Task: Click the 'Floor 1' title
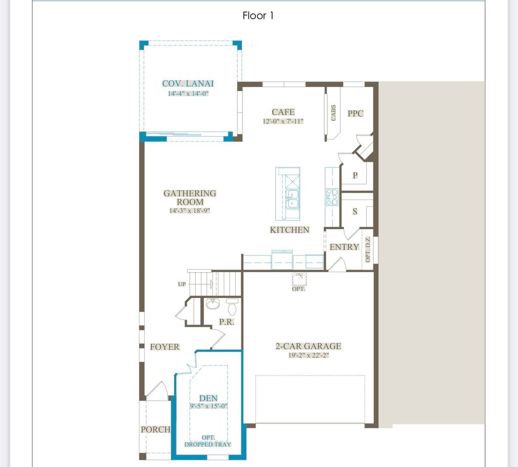(258, 16)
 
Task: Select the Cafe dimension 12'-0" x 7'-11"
(283, 121)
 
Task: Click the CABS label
(333, 113)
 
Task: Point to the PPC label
(355, 114)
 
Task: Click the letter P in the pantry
(355, 176)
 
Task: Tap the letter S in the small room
(355, 211)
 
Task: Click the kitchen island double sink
(291, 199)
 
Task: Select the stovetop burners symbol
(332, 196)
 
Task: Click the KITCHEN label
(289, 230)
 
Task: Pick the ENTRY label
(344, 247)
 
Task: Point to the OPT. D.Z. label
(368, 249)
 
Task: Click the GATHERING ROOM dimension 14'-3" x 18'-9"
(190, 210)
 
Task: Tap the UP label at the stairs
(182, 284)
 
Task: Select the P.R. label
(226, 322)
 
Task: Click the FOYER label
(164, 347)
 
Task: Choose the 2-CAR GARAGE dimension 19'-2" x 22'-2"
(308, 355)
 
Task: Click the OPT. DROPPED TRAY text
(208, 441)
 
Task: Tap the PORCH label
(155, 429)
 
